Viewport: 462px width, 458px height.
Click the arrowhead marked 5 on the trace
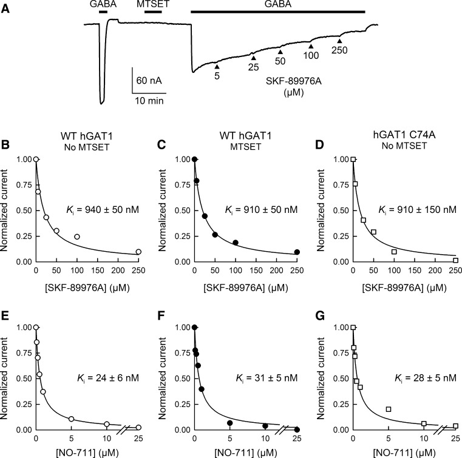(217, 65)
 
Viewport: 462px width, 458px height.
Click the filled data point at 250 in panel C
(297, 252)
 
